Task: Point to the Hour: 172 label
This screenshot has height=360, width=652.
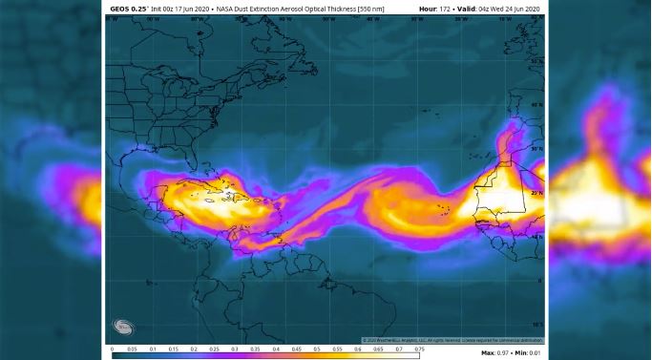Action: [x=435, y=9]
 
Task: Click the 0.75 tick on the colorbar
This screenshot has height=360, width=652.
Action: [x=419, y=349]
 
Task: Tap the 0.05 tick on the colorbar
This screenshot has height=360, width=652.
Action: [x=133, y=349]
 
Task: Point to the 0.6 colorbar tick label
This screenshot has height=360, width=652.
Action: [x=358, y=349]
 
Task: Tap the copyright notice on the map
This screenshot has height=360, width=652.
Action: [x=452, y=340]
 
